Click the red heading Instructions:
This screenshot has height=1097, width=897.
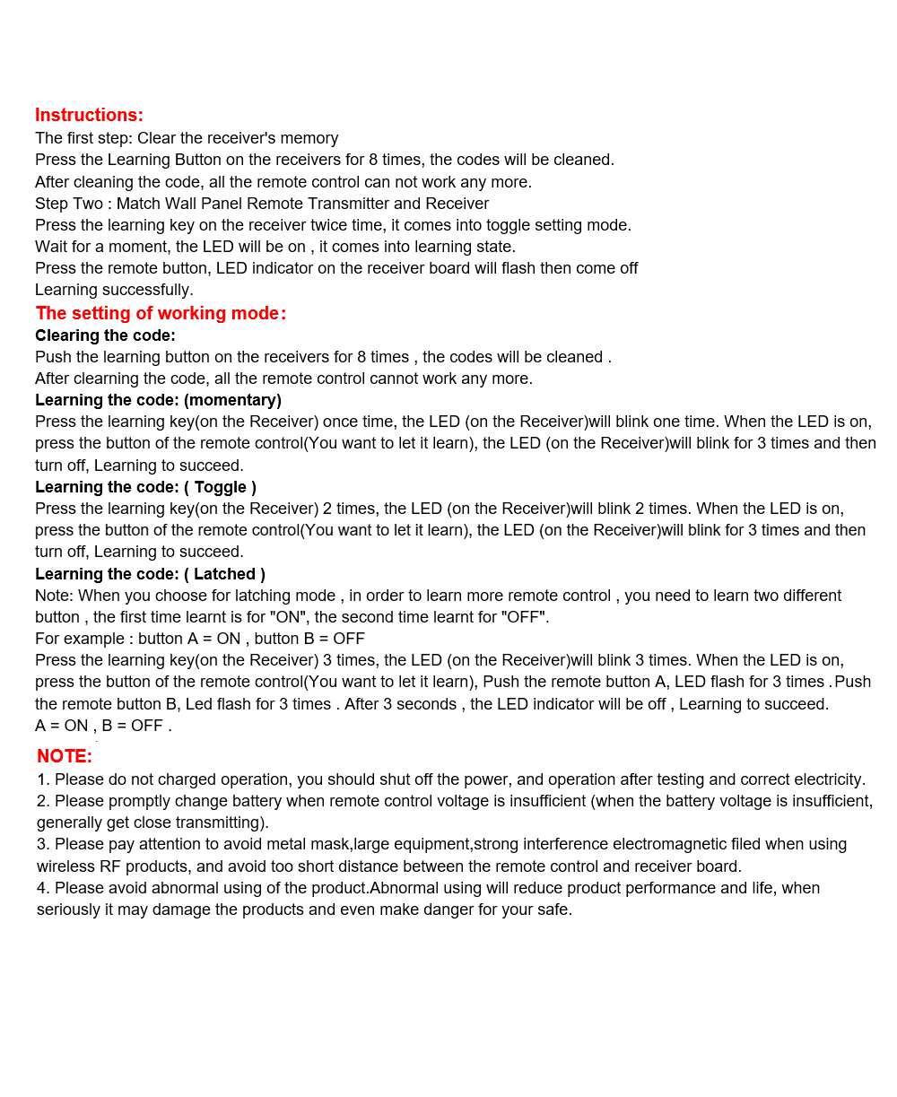click(x=89, y=115)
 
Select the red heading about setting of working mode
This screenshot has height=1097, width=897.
click(x=161, y=313)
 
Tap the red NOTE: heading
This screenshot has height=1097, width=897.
click(x=65, y=756)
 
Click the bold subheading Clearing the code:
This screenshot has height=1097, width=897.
click(x=105, y=335)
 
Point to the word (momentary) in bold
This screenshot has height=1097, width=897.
click(x=232, y=400)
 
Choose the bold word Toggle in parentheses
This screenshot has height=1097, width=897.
click(x=220, y=487)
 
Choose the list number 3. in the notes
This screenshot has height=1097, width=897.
click(x=43, y=844)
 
